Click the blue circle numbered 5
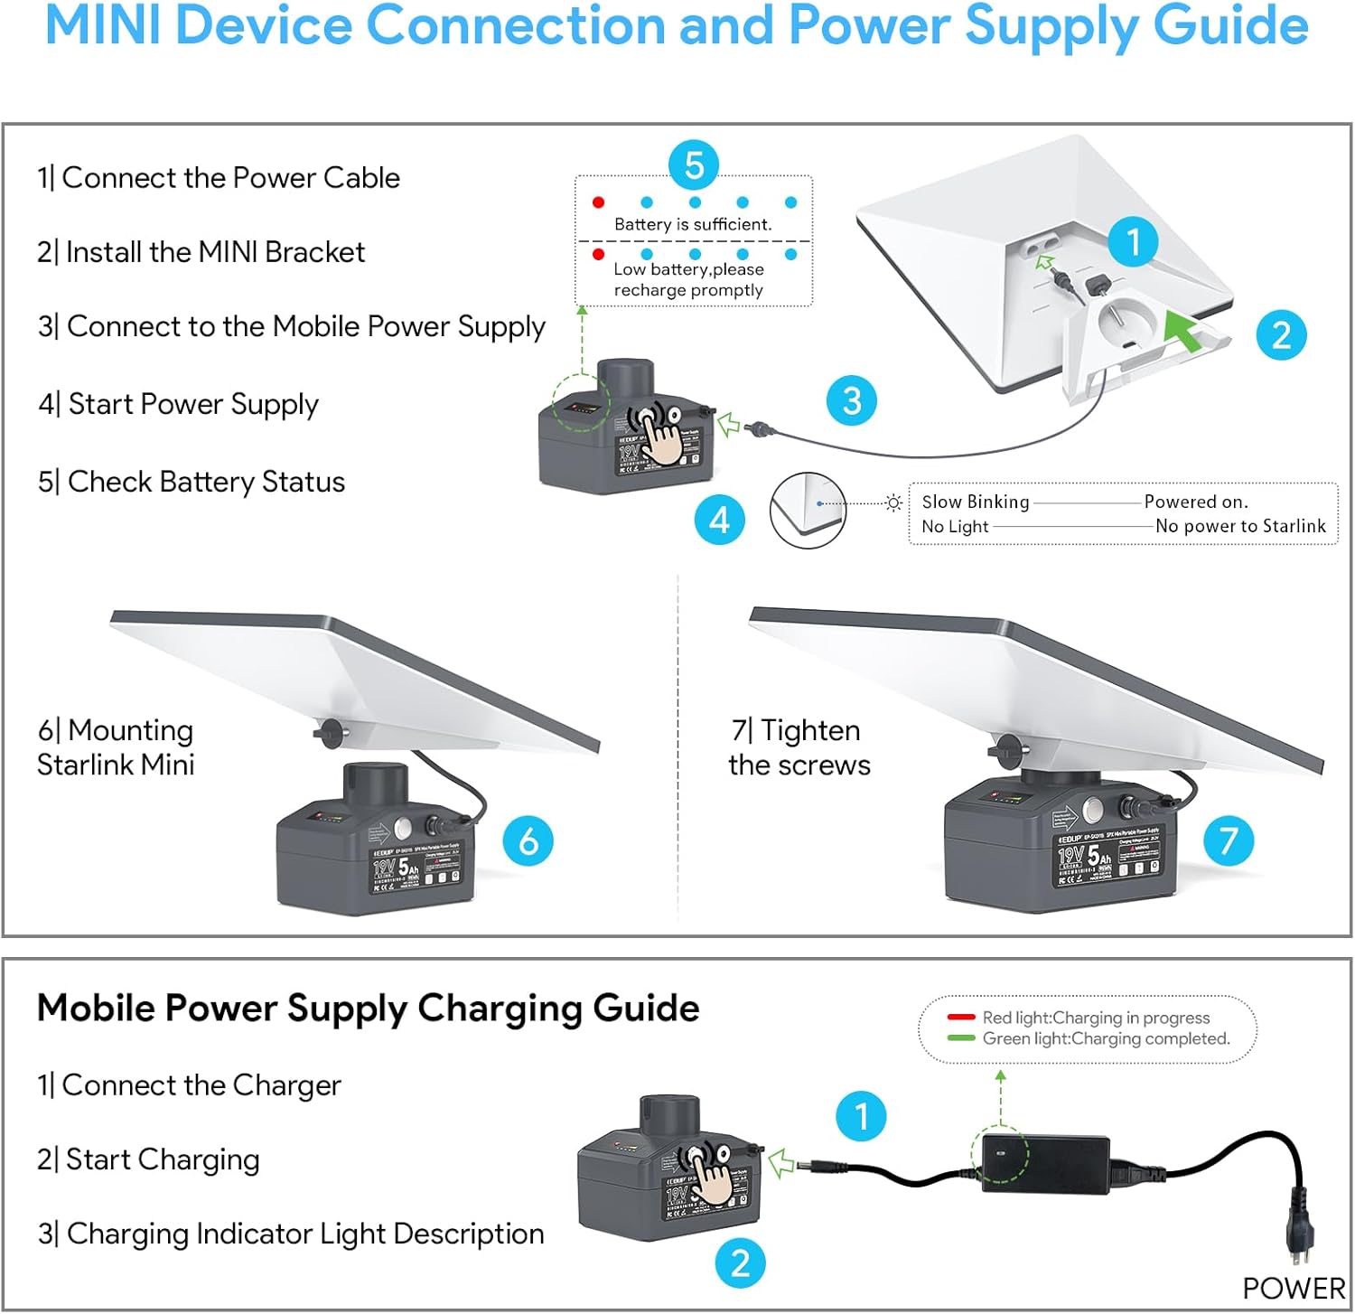tap(694, 165)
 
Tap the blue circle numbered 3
tap(852, 400)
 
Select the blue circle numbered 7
tap(1229, 840)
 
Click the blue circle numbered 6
tap(528, 840)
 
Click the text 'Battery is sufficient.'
tap(693, 224)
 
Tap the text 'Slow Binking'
tap(975, 502)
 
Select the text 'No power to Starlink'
tap(1240, 526)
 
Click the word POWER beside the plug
tap(1294, 1288)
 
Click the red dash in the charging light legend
tap(960, 1018)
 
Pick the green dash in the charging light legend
tap(960, 1038)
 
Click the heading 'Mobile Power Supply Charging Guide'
tap(368, 1008)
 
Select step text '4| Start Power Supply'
tap(178, 404)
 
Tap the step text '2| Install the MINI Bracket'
tap(201, 252)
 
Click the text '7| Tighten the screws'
tap(799, 747)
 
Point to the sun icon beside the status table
tap(893, 502)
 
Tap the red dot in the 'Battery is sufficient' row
tap(598, 202)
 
